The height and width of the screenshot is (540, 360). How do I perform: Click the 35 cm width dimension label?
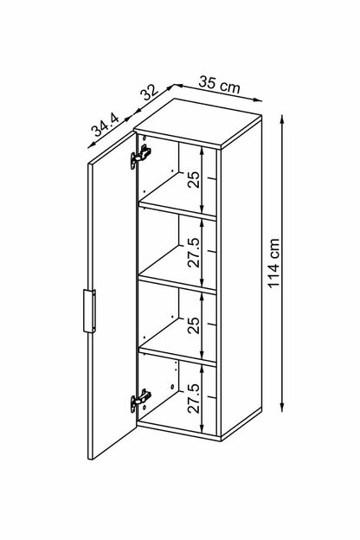click(x=219, y=85)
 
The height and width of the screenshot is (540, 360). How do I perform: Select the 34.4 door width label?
click(x=105, y=125)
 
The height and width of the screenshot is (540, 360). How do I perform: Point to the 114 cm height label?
click(x=273, y=263)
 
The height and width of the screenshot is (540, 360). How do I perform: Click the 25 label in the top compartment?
click(x=194, y=179)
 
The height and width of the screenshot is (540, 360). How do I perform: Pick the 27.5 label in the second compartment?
click(x=194, y=252)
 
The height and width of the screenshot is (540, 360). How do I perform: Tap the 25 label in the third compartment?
click(x=194, y=325)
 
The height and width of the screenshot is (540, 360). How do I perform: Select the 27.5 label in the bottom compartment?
click(x=194, y=398)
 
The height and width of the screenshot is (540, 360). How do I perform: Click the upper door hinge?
click(x=140, y=157)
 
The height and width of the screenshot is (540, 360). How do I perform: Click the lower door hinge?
click(x=140, y=400)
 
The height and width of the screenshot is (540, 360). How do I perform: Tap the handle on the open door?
click(x=90, y=311)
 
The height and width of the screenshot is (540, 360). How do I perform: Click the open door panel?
click(x=112, y=294)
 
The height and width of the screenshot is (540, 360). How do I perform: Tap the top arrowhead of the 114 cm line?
click(x=282, y=119)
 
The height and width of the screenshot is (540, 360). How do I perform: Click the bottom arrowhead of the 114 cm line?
click(x=282, y=407)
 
